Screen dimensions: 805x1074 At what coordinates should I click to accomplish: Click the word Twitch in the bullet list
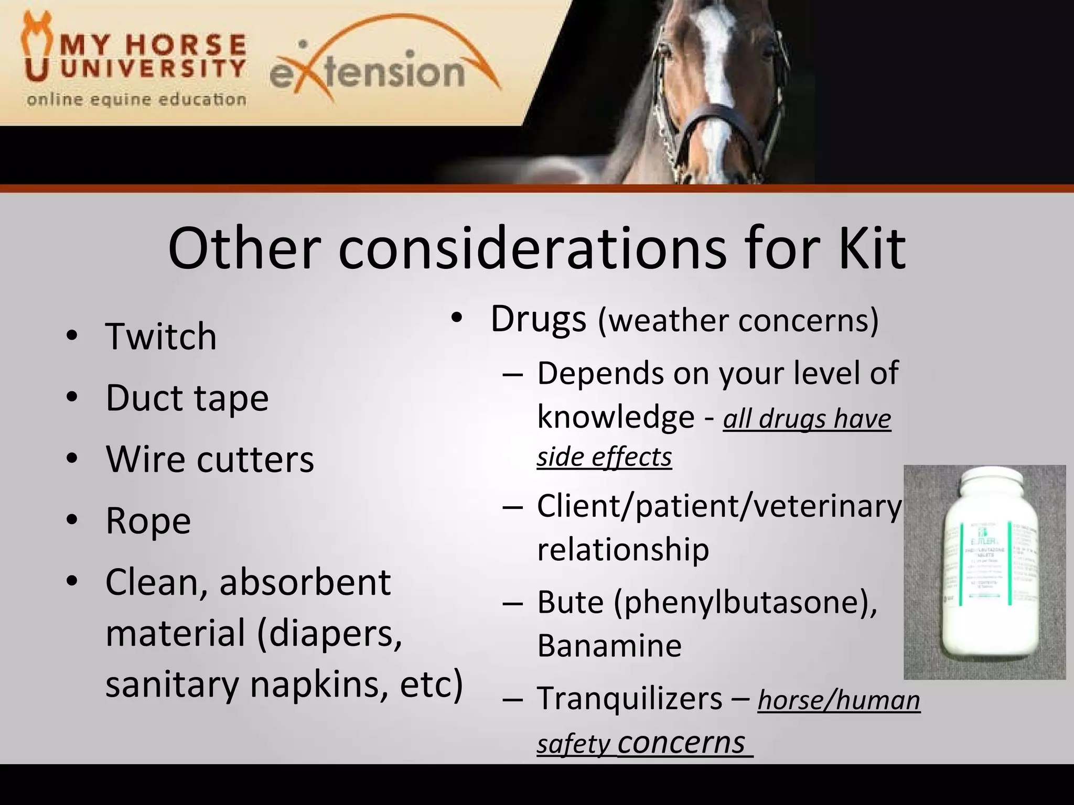tap(160, 336)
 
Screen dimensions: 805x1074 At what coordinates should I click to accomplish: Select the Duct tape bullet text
tap(187, 398)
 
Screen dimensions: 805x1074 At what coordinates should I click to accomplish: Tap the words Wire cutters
tap(210, 459)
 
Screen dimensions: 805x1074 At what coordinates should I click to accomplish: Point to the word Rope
tap(148, 521)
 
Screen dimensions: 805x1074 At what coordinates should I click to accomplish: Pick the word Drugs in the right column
tap(538, 319)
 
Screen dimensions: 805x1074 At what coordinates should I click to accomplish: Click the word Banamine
tap(609, 645)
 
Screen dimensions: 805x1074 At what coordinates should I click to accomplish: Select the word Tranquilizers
tap(629, 699)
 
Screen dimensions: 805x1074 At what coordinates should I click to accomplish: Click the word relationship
tap(623, 549)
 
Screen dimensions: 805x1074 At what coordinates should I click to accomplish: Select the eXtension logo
tap(383, 71)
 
